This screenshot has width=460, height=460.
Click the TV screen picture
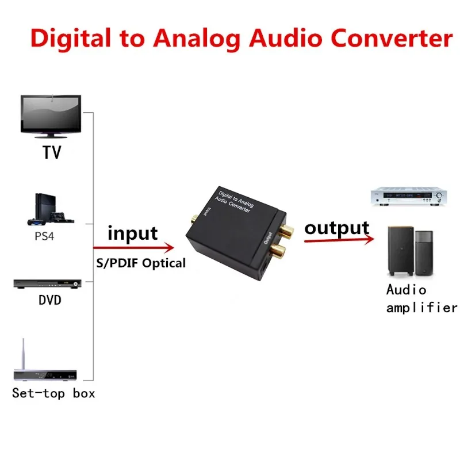(x=51, y=115)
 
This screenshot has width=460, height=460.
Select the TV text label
(x=51, y=153)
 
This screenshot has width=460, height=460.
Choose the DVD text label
(x=50, y=300)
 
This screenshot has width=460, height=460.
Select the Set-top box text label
(x=53, y=393)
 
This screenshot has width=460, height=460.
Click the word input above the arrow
(x=132, y=233)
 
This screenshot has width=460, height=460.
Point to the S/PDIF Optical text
(x=141, y=263)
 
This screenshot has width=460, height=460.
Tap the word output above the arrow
(x=337, y=228)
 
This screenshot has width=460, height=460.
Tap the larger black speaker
(x=398, y=251)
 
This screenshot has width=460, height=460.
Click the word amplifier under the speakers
(x=421, y=308)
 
